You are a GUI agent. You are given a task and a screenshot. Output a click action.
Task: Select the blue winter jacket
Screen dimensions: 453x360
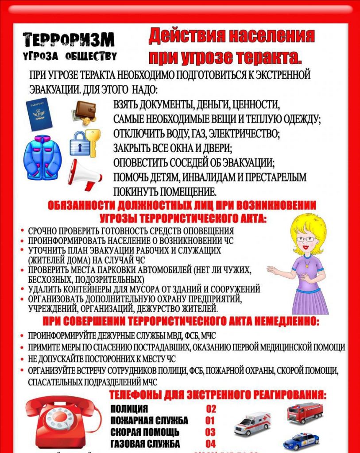point(42,157)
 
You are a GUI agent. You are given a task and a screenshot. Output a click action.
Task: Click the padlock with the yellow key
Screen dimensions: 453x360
point(85,142)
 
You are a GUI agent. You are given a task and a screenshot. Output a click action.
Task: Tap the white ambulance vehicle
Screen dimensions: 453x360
point(252,423)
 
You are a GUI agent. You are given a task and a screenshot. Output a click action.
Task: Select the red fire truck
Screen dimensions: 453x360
point(305,413)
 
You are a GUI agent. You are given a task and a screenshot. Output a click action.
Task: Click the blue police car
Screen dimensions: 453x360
point(301,441)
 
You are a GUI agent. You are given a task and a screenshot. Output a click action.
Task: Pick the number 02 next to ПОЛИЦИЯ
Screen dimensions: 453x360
point(211,409)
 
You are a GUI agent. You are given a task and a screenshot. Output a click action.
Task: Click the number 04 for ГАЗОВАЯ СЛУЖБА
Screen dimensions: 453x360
point(210,443)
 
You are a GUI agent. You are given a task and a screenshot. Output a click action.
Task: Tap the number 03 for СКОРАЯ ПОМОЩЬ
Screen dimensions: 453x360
point(210,432)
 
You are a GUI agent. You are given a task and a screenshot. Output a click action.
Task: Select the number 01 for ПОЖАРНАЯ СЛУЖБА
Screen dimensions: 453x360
point(210,420)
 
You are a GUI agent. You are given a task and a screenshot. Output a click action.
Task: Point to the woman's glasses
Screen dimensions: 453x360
point(306,239)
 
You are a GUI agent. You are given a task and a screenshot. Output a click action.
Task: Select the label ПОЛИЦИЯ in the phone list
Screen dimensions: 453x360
point(129,409)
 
